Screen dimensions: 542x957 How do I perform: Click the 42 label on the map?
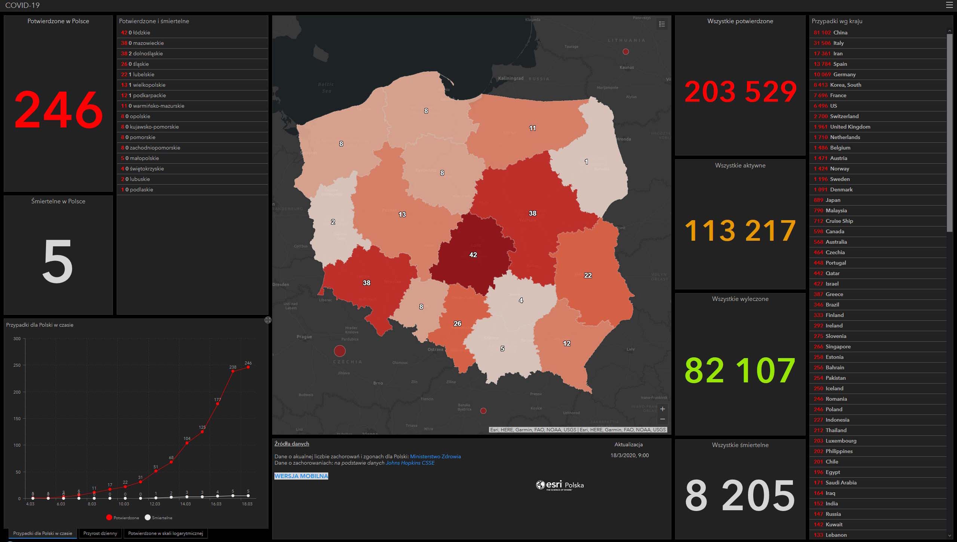[x=473, y=255]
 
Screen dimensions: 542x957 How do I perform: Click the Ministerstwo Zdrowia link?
[x=435, y=456]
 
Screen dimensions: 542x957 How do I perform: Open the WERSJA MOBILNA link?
[x=301, y=476]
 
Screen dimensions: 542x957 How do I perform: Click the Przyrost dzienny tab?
[x=100, y=533]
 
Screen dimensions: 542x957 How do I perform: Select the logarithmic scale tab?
[x=165, y=533]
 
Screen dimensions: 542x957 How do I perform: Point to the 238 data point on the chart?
[x=233, y=371]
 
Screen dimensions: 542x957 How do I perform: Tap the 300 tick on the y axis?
[x=17, y=339]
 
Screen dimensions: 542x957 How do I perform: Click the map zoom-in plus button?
[x=662, y=409]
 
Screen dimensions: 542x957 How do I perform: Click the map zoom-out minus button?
[x=662, y=419]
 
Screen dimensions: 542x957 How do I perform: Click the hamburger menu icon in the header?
[x=950, y=5]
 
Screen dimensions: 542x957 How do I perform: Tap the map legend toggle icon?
[x=662, y=24]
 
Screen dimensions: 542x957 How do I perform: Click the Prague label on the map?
[x=304, y=337]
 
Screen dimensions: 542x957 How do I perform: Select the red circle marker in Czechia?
[x=339, y=351]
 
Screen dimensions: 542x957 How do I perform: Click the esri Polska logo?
[x=560, y=485]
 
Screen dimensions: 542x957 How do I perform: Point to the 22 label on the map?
[x=588, y=275]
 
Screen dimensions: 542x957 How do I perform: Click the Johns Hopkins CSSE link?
[x=410, y=463]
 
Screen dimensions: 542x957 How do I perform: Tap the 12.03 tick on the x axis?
[x=155, y=504]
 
